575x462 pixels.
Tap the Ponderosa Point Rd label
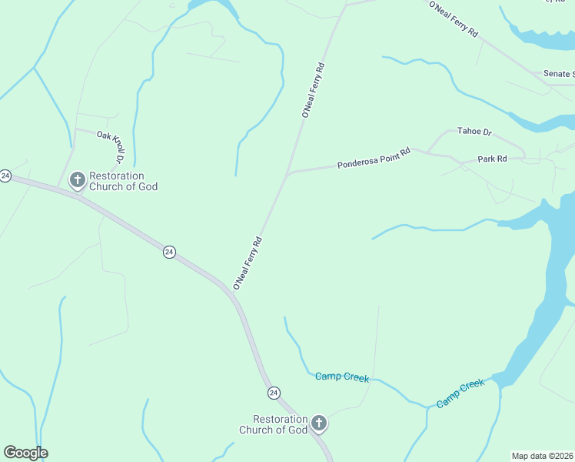pos(374,159)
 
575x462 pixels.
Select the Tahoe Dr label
pos(474,132)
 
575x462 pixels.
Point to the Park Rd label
pos(492,159)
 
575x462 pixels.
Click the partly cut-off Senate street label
pos(559,74)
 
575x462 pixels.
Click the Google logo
pos(25,453)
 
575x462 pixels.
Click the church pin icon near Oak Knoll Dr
pos(77,180)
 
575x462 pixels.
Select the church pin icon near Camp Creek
pos(318,423)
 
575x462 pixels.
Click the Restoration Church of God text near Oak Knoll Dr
pos(123,182)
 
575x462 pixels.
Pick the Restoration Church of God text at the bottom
pos(273,424)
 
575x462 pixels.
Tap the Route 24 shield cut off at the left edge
pos(5,176)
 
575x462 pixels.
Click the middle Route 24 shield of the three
pos(169,252)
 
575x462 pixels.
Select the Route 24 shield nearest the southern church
pos(274,393)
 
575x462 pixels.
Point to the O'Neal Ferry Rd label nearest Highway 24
pos(248,263)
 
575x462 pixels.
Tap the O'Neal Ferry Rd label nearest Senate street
pos(454,20)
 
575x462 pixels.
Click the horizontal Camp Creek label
pos(342,377)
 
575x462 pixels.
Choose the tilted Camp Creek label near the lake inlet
pos(460,393)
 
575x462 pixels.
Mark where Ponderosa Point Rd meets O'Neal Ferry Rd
pos(287,175)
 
